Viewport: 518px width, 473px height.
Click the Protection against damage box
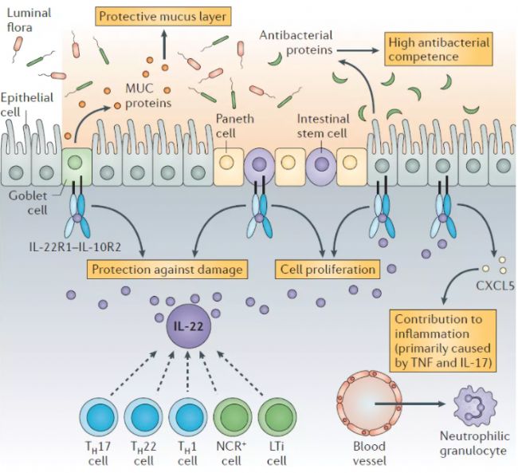click(x=166, y=269)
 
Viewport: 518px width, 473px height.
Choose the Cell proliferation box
click(x=328, y=269)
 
